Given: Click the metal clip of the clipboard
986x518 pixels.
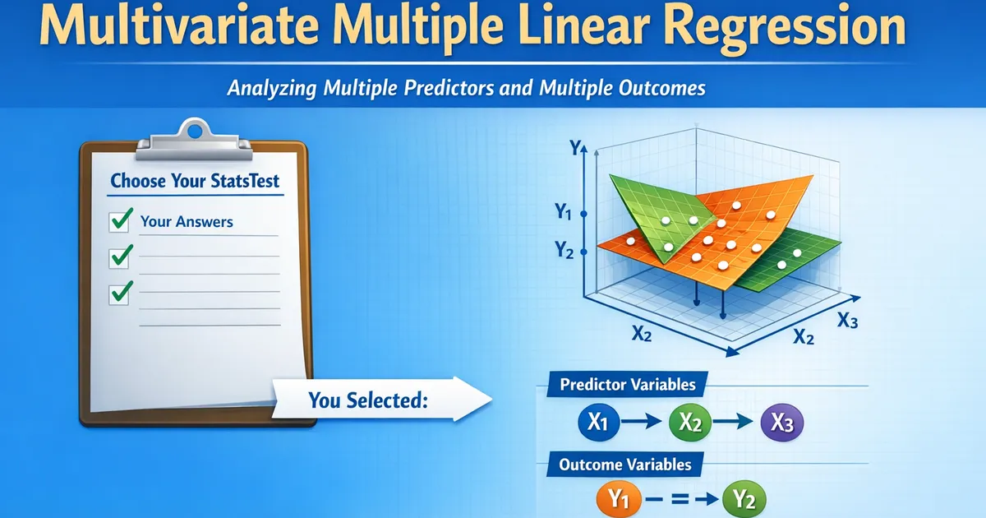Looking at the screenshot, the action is tap(194, 139).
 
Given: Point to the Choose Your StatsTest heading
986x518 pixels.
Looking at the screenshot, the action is tap(195, 181).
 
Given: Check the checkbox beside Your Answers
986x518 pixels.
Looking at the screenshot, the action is tap(119, 221).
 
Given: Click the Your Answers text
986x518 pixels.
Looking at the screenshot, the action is tap(187, 221).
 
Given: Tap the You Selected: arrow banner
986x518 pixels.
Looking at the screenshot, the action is tap(381, 400).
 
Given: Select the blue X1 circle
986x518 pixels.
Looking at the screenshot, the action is tap(598, 423).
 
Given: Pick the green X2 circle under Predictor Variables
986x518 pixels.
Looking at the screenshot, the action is tap(689, 423).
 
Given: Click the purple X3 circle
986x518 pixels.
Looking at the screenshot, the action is tap(781, 423).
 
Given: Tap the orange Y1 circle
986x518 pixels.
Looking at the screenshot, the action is tap(619, 500).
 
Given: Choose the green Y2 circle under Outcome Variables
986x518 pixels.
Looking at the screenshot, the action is tap(744, 500).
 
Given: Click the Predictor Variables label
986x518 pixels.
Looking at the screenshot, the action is tap(628, 385).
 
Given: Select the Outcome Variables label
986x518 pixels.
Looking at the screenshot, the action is tap(625, 465).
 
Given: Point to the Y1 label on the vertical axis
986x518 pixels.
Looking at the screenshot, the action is tap(564, 211).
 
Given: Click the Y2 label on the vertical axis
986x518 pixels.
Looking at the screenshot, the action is tap(564, 250).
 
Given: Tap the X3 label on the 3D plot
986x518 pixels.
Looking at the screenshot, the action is tap(847, 321).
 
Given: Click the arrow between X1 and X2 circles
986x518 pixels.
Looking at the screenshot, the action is tap(642, 422).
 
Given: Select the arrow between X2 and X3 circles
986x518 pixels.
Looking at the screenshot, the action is tap(733, 422).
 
